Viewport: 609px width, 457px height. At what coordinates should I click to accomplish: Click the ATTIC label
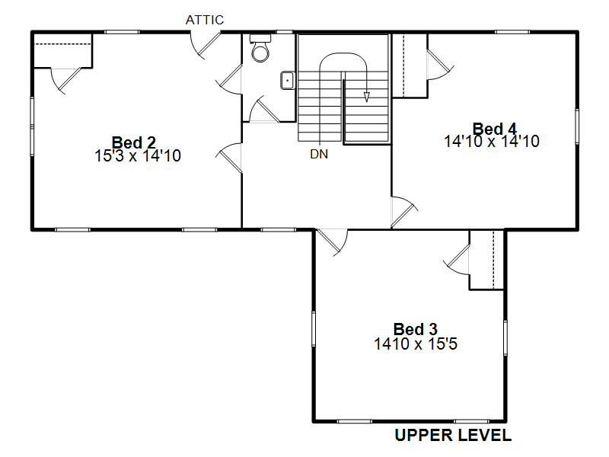click(205, 20)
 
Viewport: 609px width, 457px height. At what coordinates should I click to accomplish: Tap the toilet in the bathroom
click(260, 48)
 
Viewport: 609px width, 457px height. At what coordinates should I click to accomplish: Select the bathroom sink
click(288, 81)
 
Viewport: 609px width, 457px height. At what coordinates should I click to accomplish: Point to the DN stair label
click(319, 155)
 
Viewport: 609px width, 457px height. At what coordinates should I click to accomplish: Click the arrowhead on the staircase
click(366, 97)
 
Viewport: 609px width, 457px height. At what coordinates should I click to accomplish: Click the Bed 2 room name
click(134, 142)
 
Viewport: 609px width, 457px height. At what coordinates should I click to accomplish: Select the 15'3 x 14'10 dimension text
click(138, 156)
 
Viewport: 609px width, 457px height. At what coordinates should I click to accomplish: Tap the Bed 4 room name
click(494, 129)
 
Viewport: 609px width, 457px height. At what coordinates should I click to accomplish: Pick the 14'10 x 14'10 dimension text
click(492, 142)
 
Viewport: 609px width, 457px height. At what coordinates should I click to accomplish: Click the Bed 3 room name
click(415, 330)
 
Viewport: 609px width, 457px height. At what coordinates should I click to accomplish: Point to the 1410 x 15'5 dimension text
click(416, 344)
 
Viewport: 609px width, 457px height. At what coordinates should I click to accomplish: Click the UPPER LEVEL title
click(453, 435)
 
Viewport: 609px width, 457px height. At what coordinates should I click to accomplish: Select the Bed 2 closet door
click(66, 81)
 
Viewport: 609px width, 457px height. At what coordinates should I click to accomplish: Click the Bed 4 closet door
click(441, 65)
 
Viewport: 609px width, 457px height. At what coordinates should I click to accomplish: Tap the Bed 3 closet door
click(457, 260)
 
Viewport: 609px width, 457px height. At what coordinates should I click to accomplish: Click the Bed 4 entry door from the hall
click(404, 213)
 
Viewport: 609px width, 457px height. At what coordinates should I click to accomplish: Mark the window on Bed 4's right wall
click(577, 126)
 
